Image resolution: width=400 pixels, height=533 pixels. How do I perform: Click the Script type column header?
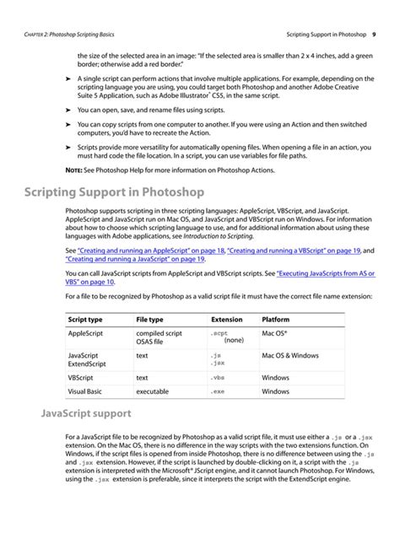click(85, 320)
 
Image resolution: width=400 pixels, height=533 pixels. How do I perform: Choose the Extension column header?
click(226, 320)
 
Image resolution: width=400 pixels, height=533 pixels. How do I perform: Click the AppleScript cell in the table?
click(89, 334)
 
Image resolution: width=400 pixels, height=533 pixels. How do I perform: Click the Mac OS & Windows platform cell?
click(289, 356)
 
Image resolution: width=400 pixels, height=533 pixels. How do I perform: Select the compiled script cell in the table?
click(159, 334)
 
